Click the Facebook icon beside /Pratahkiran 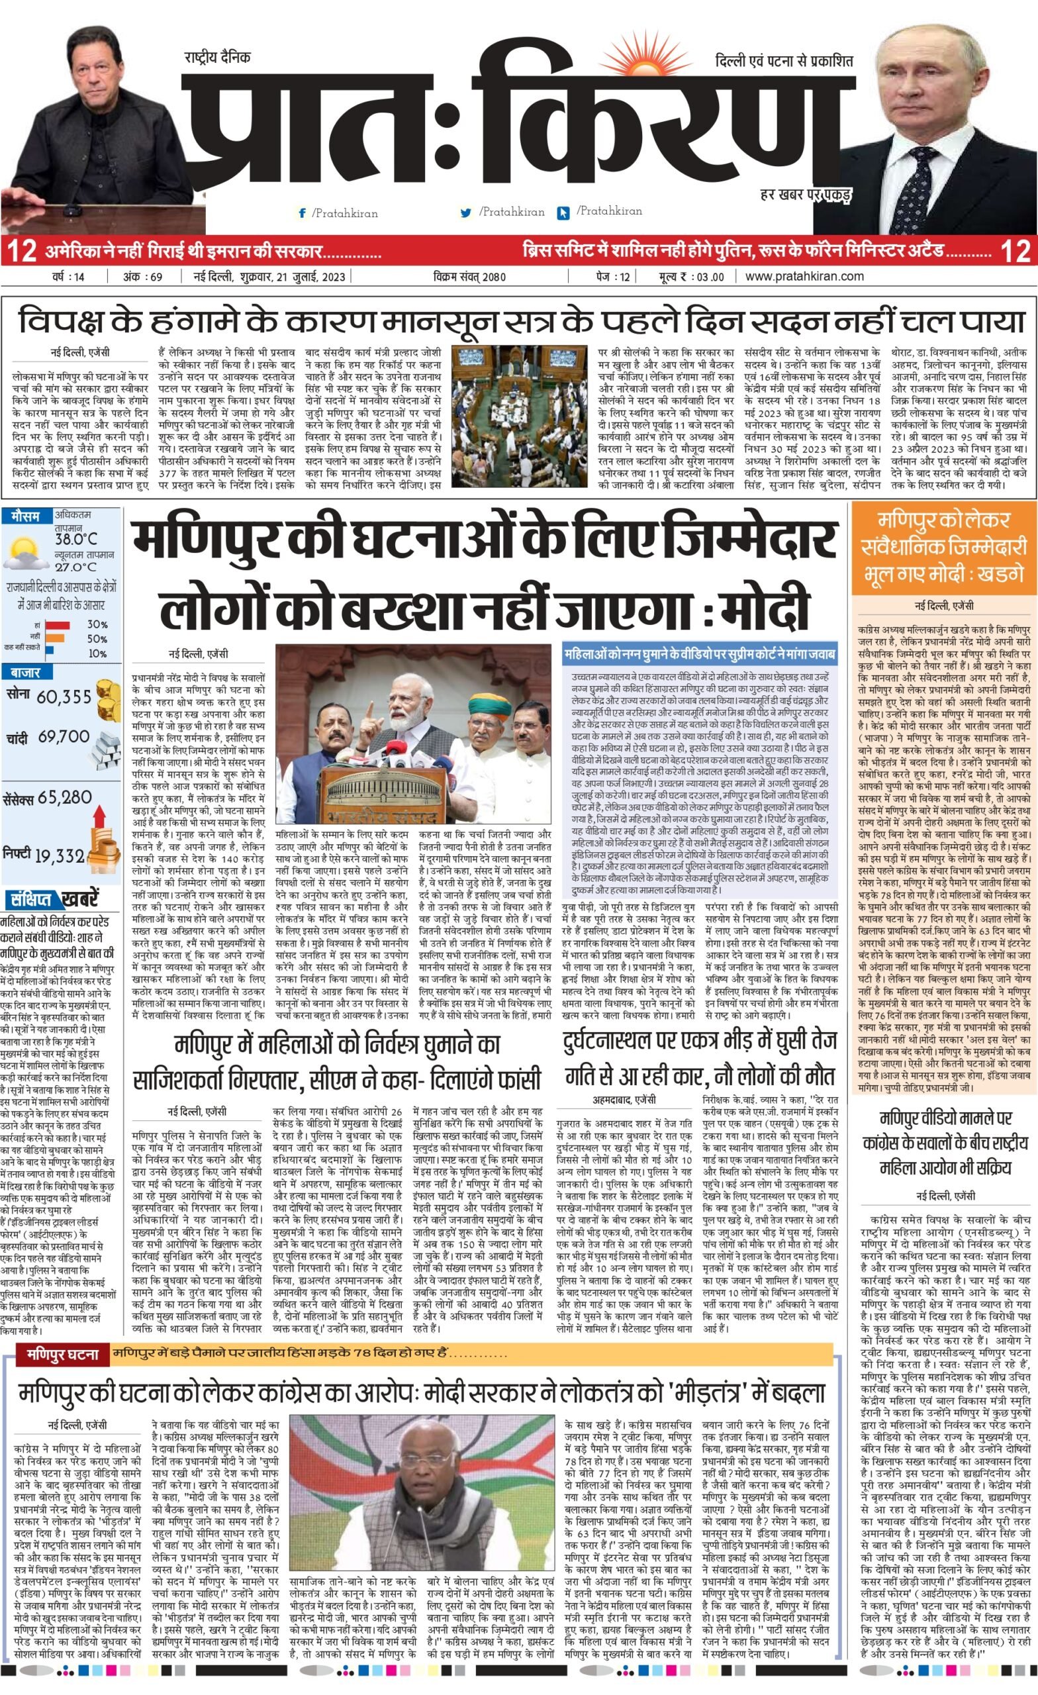[x=301, y=213]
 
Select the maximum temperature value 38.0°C [x=76, y=539]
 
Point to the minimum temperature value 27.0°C [x=75, y=567]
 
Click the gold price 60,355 [x=64, y=697]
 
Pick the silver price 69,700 [x=64, y=737]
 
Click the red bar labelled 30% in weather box [x=58, y=624]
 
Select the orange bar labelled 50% [x=54, y=638]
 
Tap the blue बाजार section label [x=25, y=672]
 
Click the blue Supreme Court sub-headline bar [x=700, y=654]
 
